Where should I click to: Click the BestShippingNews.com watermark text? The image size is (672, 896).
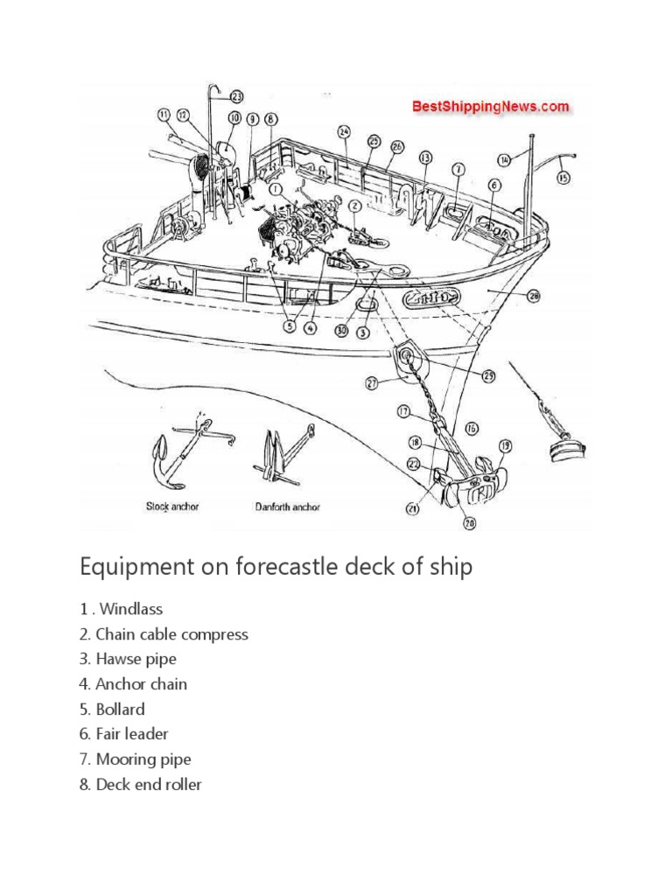click(x=490, y=107)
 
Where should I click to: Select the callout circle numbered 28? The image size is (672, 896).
click(x=535, y=297)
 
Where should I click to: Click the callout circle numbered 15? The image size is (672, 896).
click(x=563, y=177)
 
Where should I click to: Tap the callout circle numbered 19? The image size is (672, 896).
click(x=505, y=444)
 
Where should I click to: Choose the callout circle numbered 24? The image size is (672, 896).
click(x=344, y=132)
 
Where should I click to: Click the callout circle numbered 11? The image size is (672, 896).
click(x=164, y=115)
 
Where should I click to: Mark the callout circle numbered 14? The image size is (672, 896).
click(x=504, y=159)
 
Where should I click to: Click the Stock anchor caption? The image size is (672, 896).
click(x=172, y=507)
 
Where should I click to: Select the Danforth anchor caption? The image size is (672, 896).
click(x=287, y=507)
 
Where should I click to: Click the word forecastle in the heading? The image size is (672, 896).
click(x=279, y=567)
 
